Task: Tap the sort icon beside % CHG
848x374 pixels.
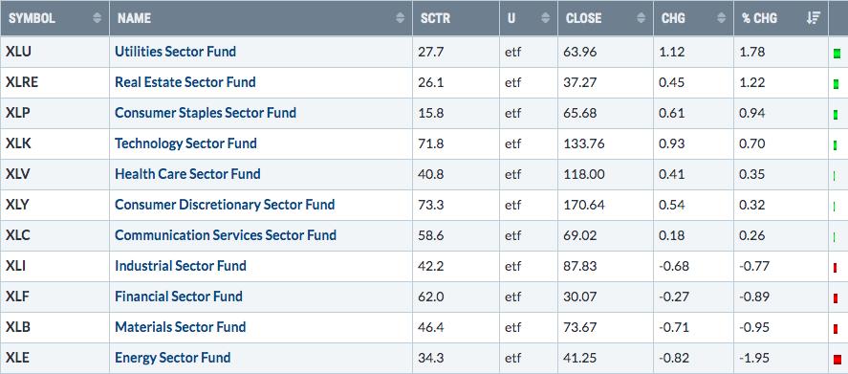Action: [x=813, y=18]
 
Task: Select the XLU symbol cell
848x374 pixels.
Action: [x=18, y=52]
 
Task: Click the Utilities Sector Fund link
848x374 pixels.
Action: [x=175, y=52]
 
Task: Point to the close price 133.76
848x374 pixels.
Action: [x=583, y=143]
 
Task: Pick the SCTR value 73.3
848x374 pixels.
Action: [x=430, y=205]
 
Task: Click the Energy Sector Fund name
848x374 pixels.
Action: [x=172, y=358]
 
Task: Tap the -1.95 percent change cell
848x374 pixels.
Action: [x=754, y=358]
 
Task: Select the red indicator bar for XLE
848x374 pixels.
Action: [x=837, y=360]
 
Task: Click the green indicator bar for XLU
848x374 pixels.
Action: [x=837, y=54]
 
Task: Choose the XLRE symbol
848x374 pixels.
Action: [x=22, y=82]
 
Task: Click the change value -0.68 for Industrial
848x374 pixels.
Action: [x=674, y=266]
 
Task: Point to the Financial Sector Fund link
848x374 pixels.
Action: [x=179, y=297]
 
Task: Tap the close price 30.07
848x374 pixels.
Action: [x=579, y=297]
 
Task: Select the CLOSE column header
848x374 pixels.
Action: [x=583, y=18]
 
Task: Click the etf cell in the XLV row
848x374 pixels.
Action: [x=512, y=174]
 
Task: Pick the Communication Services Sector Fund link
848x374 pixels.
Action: [x=226, y=235]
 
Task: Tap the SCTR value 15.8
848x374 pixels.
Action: [x=430, y=113]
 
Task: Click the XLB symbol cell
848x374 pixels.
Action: [x=17, y=327]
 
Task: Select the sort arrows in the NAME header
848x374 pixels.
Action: [x=401, y=18]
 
